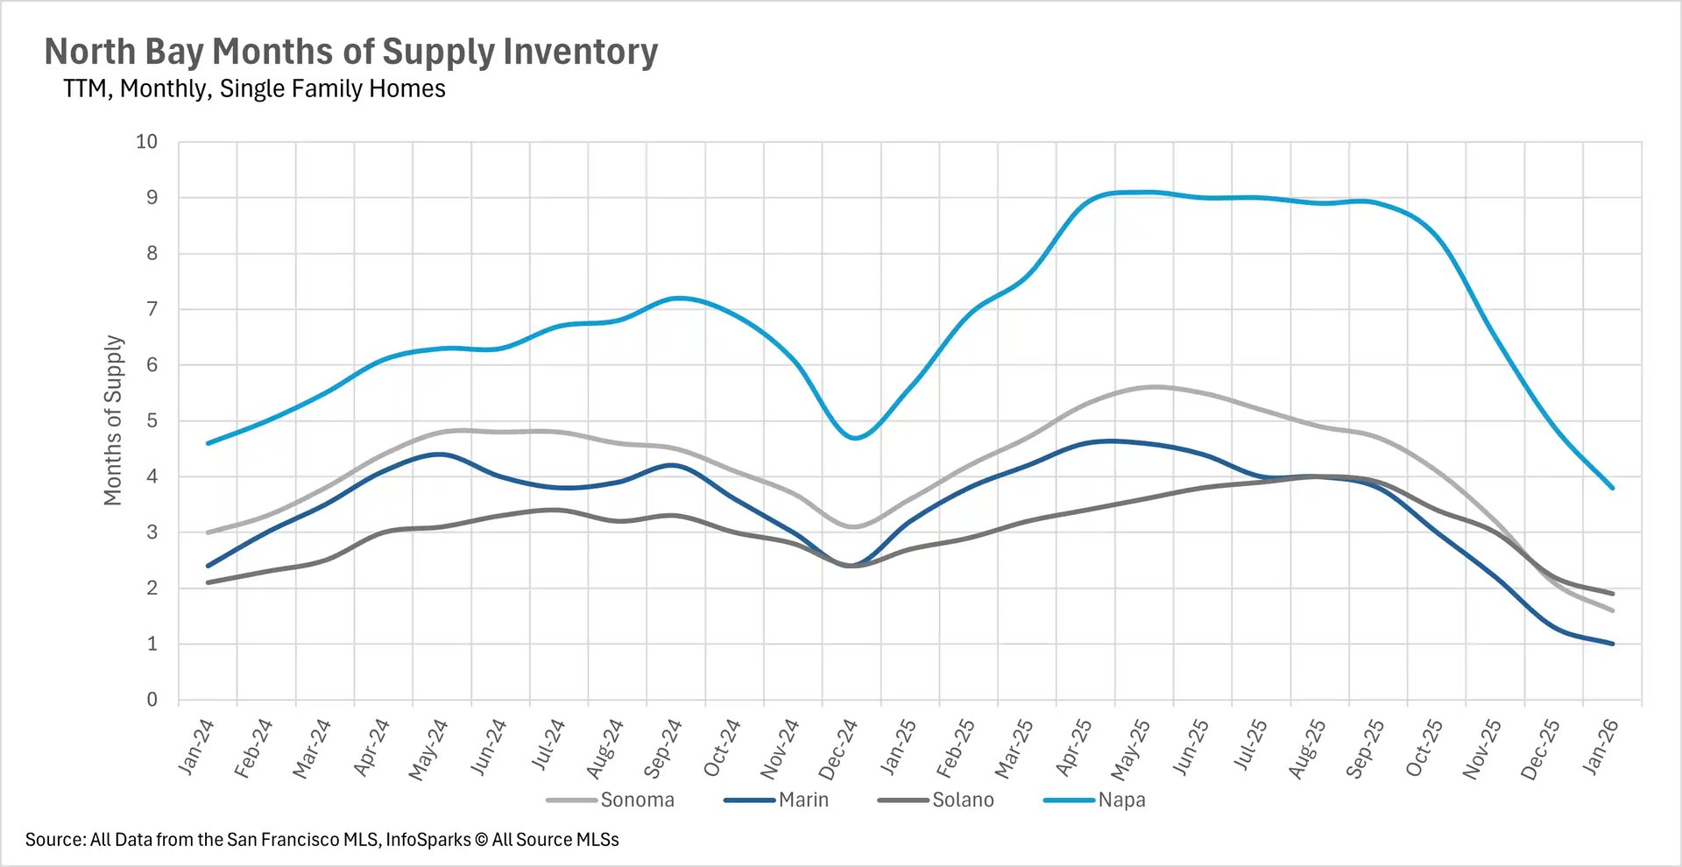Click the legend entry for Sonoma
tap(637, 800)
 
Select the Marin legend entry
tap(802, 800)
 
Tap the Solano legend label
tap(962, 800)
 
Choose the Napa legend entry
tap(1121, 800)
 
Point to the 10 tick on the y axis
tap(146, 142)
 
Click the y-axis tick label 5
tap(152, 420)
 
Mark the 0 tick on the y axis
tap(152, 699)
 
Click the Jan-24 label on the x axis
tap(195, 747)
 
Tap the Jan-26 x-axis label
tap(1600, 747)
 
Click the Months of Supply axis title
tap(113, 420)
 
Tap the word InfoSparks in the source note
tap(428, 840)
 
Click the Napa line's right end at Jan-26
tap(1612, 488)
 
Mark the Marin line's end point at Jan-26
tap(1612, 644)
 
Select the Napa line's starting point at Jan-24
tap(208, 443)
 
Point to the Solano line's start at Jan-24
tap(208, 582)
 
